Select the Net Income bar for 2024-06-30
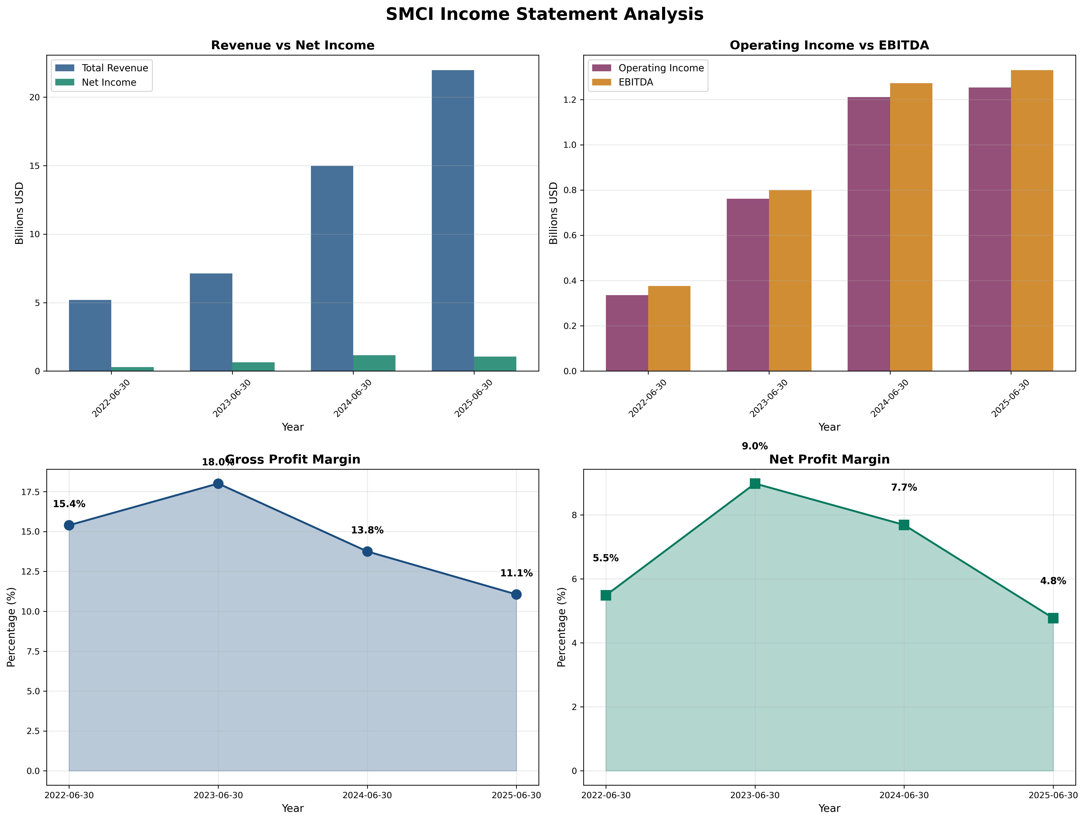pos(374,363)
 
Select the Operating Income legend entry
pos(661,68)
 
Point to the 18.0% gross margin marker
pos(218,484)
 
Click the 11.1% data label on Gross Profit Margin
pos(516,573)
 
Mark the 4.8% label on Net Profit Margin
pos(1053,581)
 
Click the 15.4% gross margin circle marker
pos(69,525)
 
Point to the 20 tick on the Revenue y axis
pos(34,97)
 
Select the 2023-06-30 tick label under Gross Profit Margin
pos(218,795)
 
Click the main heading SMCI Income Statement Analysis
pos(544,14)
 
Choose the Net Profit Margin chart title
pos(829,460)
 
